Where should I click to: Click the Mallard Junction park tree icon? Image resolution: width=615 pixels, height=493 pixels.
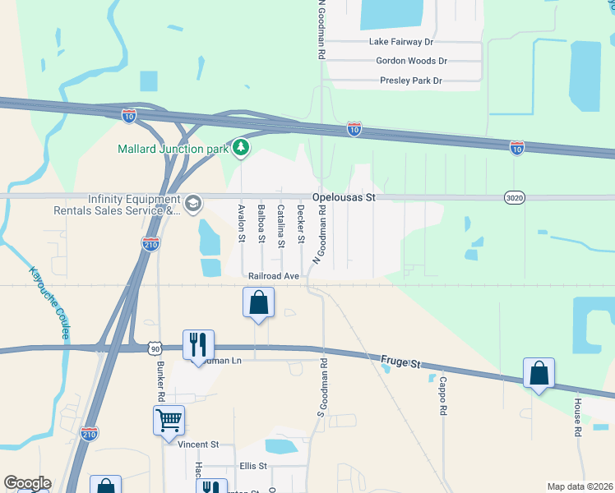click(240, 148)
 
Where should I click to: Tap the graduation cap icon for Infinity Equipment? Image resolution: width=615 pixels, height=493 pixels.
click(193, 203)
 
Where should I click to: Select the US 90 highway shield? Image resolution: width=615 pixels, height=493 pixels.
click(155, 349)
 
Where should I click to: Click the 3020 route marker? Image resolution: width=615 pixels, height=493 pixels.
click(515, 198)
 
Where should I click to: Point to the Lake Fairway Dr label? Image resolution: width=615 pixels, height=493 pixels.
click(401, 41)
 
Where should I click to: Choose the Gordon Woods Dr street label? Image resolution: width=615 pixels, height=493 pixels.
click(411, 61)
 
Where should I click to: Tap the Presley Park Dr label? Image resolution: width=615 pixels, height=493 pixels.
click(411, 81)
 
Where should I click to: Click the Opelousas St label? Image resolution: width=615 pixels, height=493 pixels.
click(344, 198)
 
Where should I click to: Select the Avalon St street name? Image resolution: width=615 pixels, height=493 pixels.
click(242, 223)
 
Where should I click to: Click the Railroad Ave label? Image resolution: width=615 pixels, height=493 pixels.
click(275, 276)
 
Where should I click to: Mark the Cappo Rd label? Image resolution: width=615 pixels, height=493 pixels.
click(442, 395)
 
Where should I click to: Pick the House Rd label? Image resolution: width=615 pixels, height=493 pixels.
click(578, 418)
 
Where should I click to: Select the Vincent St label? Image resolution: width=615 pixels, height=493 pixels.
click(198, 445)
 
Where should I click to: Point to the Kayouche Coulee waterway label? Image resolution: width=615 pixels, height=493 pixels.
click(50, 303)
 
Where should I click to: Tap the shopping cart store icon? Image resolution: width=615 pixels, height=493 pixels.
click(169, 421)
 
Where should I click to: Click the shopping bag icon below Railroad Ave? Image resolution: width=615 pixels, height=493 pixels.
click(259, 302)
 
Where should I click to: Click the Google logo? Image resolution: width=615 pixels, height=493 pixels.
click(27, 484)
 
